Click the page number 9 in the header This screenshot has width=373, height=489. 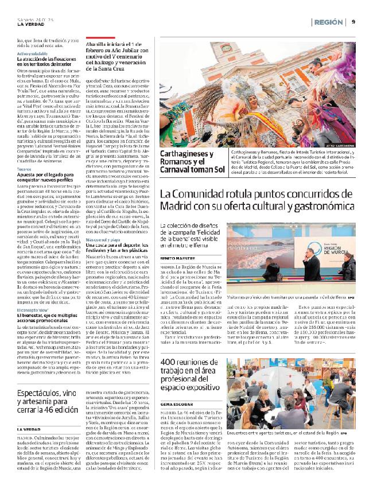(353, 22)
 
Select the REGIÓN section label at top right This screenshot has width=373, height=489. (331, 22)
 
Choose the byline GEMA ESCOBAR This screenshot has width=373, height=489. (178, 404)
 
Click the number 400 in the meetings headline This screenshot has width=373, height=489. (170, 346)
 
